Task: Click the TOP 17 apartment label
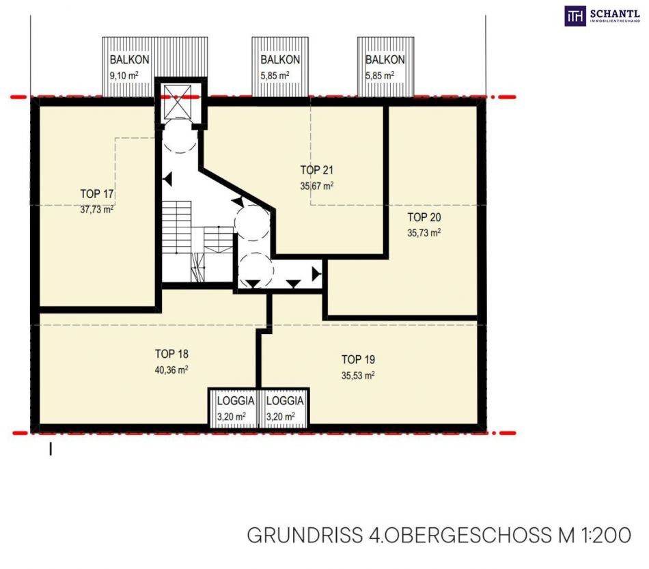point(97,194)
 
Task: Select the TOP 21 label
point(316,170)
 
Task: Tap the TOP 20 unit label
point(424,217)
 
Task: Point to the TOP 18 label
point(171,354)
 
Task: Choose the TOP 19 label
point(358,359)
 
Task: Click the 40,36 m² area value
point(171,370)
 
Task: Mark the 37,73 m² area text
point(97,210)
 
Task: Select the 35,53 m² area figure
point(358,375)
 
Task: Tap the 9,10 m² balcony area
point(124,76)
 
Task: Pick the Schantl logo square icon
point(575,16)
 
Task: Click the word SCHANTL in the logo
point(615,13)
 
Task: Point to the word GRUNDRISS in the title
point(305,535)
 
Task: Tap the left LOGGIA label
point(236,400)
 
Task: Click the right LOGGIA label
point(285,400)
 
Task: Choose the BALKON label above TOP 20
point(385,59)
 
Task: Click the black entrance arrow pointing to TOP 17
point(167,180)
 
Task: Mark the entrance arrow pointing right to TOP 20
point(316,273)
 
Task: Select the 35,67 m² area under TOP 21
point(316,186)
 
